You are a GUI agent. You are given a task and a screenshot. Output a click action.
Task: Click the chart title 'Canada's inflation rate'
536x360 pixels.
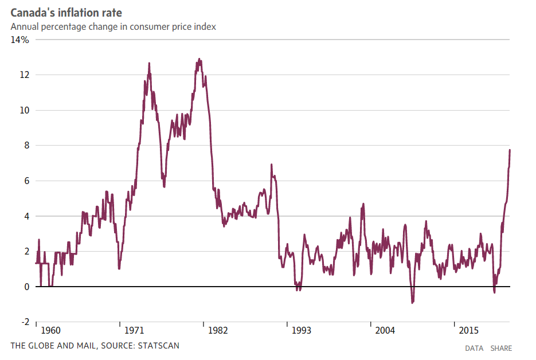tap(66, 13)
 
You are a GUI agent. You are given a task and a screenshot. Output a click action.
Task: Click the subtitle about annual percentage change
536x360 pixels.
tap(113, 27)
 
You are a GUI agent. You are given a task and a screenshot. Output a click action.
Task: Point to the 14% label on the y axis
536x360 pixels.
tap(19, 40)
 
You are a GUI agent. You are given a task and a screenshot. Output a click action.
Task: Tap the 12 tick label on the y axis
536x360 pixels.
tap(24, 75)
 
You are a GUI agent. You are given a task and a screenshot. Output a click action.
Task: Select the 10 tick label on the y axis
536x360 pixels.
tap(24, 111)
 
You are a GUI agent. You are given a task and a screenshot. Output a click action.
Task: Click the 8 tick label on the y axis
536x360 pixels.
tap(26, 146)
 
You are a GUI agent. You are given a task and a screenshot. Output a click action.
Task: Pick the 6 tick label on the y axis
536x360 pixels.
tap(26, 181)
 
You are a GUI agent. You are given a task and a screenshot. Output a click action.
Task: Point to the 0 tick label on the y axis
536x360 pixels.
tap(26, 287)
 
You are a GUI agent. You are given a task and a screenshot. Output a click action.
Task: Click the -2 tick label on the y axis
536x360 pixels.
tap(24, 322)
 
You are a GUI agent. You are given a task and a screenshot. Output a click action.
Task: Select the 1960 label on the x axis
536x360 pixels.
tap(50, 331)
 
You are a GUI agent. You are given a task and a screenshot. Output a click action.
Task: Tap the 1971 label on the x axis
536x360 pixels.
tap(134, 331)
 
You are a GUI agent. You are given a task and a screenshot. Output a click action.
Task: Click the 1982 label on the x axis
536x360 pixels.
tap(218, 331)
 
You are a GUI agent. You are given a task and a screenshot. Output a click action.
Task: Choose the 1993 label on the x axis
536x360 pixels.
tap(302, 331)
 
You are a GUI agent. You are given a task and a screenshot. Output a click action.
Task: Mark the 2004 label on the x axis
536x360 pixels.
tap(385, 331)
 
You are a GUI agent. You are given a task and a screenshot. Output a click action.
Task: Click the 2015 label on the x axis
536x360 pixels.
tap(469, 331)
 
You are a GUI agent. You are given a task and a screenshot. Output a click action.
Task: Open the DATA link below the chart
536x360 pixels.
tap(474, 348)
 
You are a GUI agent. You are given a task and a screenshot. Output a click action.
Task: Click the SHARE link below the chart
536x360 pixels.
tap(501, 348)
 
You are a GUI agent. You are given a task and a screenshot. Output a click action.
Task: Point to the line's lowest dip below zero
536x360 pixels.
tap(412, 303)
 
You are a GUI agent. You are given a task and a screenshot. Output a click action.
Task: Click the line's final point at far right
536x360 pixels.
tap(510, 150)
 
